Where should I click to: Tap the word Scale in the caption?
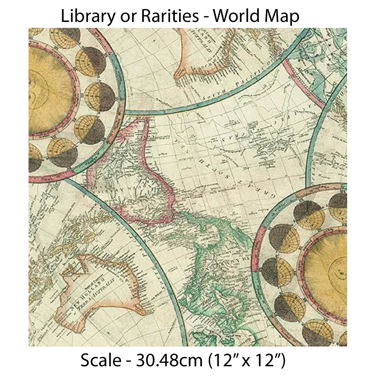coord(100,360)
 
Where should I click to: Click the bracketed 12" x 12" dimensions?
coord(248,360)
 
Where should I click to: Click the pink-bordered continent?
coord(138,175)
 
